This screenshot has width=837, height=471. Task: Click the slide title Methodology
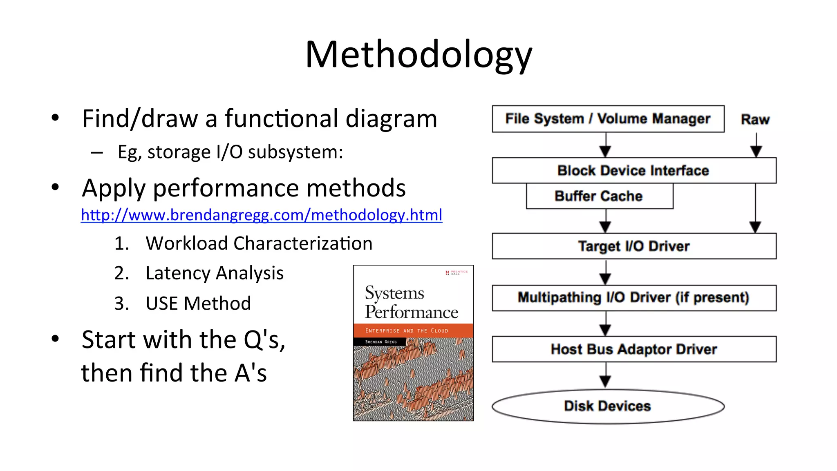[418, 55]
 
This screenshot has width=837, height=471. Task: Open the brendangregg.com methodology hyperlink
[262, 215]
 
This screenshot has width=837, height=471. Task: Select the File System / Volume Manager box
[608, 119]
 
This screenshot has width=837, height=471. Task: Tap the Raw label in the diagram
[755, 120]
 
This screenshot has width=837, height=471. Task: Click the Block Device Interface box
[633, 170]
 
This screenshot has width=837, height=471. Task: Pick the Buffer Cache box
[599, 196]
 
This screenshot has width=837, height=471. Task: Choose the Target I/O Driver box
[633, 246]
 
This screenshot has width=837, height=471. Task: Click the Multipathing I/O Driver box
[633, 298]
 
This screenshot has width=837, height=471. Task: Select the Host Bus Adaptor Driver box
[633, 349]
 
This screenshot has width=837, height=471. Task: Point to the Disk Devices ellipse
[608, 406]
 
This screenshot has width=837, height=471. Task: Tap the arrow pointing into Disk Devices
[605, 376]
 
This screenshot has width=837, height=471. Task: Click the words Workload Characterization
[259, 243]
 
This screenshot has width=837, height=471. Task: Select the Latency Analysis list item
[214, 273]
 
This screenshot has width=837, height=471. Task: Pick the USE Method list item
[198, 304]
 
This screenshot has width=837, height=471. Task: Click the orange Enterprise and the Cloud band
[413, 330]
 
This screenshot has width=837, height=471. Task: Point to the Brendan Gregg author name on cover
[380, 342]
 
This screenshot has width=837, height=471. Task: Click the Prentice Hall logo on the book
[457, 272]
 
